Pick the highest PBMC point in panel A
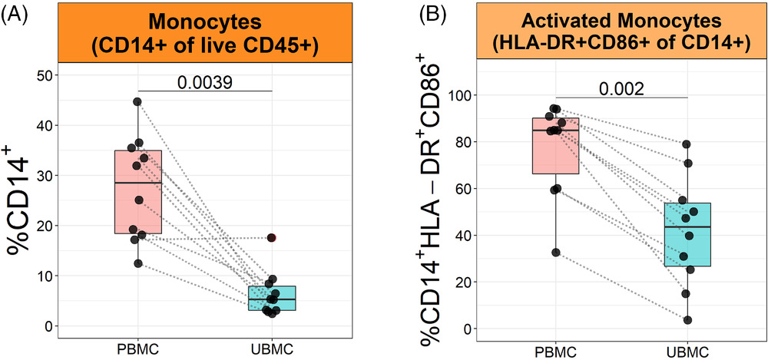[137, 101]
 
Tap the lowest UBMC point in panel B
[688, 320]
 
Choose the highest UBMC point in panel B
[687, 144]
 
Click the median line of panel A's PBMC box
[138, 183]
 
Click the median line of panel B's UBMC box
[688, 227]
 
